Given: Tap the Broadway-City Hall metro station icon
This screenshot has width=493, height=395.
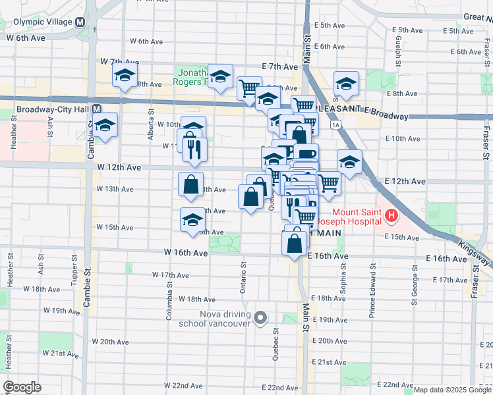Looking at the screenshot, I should [x=96, y=109].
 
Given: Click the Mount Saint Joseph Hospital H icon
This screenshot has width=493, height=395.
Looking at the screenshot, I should [x=392, y=215].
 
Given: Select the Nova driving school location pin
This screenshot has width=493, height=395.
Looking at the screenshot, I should [x=260, y=319].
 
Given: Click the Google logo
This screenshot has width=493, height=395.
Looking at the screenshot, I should [x=21, y=387].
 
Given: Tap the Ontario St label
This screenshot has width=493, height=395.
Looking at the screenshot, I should [x=243, y=278].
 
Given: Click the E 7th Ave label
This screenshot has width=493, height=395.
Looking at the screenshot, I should [x=280, y=66].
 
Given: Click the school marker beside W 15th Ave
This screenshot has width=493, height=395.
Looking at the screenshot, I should [x=192, y=219].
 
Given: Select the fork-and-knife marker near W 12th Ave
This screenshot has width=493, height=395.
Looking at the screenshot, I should [x=194, y=149].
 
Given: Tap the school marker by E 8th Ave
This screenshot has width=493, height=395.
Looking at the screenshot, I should [x=346, y=84].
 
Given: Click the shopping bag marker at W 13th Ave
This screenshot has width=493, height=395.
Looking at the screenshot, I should [x=190, y=185].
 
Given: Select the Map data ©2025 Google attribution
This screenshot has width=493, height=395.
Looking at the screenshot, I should [x=452, y=390].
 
